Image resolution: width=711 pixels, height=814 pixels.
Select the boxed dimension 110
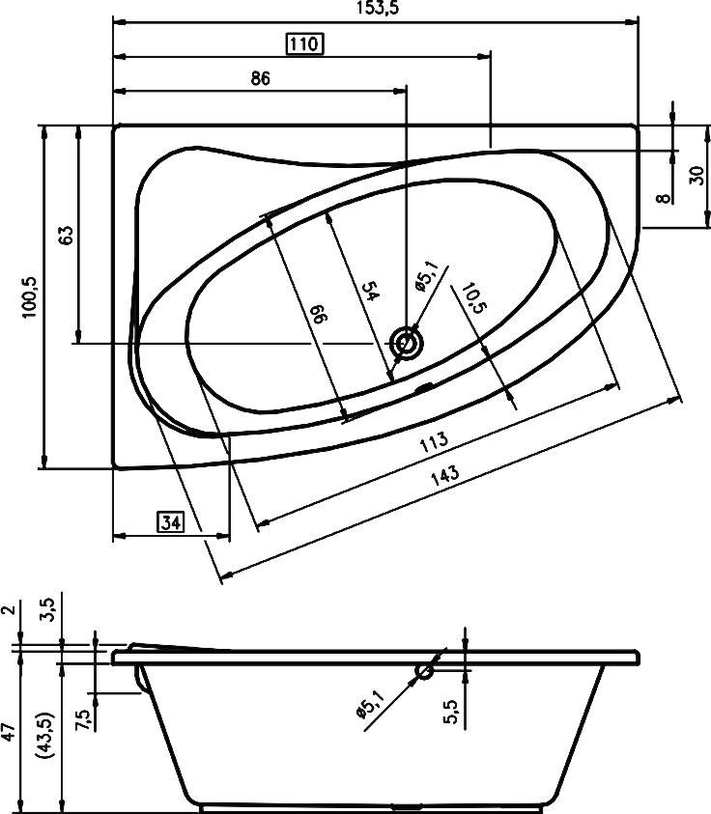click(304, 44)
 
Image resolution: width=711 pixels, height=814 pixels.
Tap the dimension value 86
click(259, 79)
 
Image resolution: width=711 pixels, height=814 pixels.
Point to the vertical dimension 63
click(65, 236)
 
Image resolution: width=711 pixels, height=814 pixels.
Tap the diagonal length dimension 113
click(434, 441)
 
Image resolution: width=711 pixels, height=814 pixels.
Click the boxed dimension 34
click(171, 523)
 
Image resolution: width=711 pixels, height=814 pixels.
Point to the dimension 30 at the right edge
click(695, 175)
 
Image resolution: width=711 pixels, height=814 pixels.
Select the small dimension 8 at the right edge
click(662, 198)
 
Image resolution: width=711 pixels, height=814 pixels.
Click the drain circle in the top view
click(406, 343)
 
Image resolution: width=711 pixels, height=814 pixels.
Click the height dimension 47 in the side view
click(9, 731)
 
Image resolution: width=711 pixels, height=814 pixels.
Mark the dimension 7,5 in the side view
click(82, 719)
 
